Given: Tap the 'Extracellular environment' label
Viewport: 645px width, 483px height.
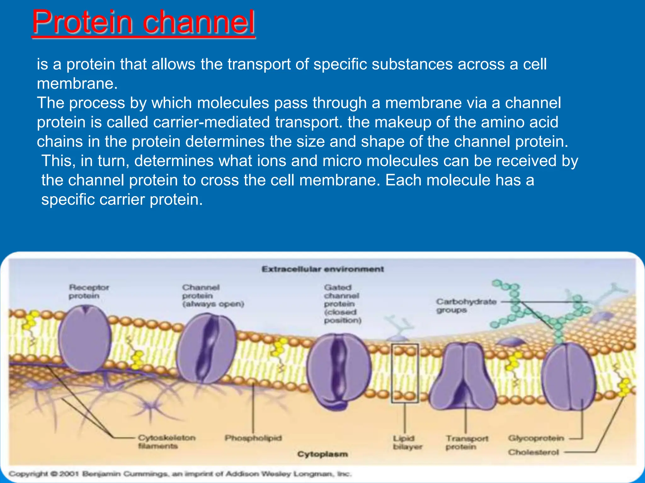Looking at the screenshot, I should click(x=323, y=269).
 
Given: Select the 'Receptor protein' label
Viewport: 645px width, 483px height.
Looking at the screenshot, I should click(x=89, y=291).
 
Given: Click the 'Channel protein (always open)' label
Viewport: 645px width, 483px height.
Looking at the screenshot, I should click(x=213, y=296).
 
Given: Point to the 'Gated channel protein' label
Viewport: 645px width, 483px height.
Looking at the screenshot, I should click(x=342, y=304).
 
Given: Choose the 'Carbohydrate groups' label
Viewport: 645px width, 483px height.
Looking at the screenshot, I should click(x=466, y=306).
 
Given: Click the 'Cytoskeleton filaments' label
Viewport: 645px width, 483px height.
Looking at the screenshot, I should click(x=167, y=442).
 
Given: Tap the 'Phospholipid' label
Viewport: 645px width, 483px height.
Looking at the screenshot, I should click(x=253, y=438).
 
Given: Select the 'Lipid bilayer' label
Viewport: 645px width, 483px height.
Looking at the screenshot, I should click(x=407, y=442).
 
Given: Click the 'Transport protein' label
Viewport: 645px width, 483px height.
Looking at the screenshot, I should click(x=467, y=442).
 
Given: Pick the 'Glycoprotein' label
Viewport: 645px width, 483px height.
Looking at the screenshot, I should click(x=536, y=438).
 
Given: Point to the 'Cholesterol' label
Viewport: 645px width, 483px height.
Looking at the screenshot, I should click(x=533, y=452).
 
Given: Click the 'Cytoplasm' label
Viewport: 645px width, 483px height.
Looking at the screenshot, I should click(x=322, y=454).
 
